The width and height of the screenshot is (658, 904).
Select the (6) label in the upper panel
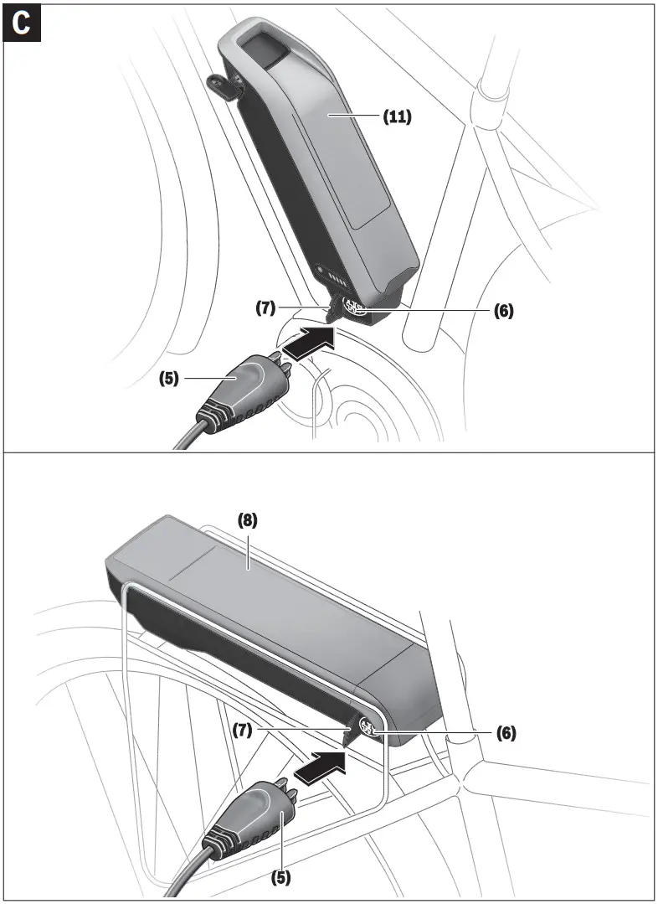[503, 310]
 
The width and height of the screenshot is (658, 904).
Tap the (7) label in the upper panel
[266, 307]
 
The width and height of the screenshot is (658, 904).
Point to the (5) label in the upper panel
[170, 378]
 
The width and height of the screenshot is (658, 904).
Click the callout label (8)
[248, 519]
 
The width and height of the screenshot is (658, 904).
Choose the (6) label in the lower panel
[505, 732]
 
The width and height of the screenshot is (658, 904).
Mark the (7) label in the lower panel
[244, 731]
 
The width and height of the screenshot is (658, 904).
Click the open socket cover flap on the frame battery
[335, 310]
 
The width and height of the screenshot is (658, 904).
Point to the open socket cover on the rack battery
[349, 734]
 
